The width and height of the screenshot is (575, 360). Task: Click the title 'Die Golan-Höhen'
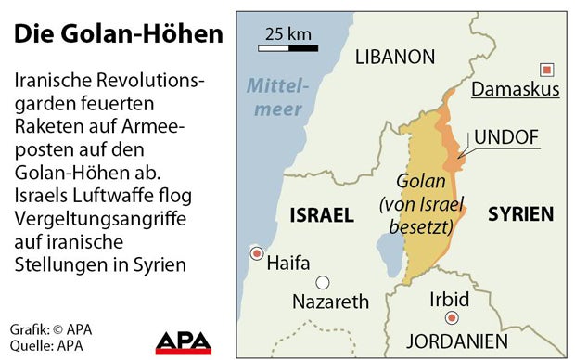(119, 34)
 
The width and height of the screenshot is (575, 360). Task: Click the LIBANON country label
(395, 58)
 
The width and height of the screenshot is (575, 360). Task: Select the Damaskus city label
(516, 89)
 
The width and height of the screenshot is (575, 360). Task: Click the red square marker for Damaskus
(547, 69)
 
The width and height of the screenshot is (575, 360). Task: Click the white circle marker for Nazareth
(323, 283)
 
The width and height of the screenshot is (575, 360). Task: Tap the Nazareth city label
(330, 302)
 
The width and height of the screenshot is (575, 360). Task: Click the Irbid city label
(451, 301)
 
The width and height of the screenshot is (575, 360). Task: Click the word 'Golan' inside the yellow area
(423, 182)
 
